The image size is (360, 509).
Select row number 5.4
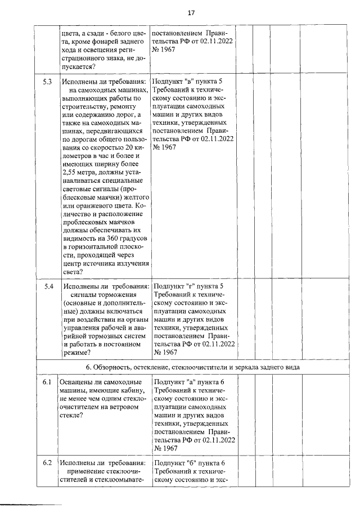tap(49, 287)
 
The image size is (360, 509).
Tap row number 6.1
tap(48, 382)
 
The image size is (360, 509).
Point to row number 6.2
tap(48, 463)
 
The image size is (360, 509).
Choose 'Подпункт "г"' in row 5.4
tap(178, 287)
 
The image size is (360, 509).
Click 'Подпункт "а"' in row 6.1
tap(178, 382)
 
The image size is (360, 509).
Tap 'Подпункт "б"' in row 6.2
tap(178, 463)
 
